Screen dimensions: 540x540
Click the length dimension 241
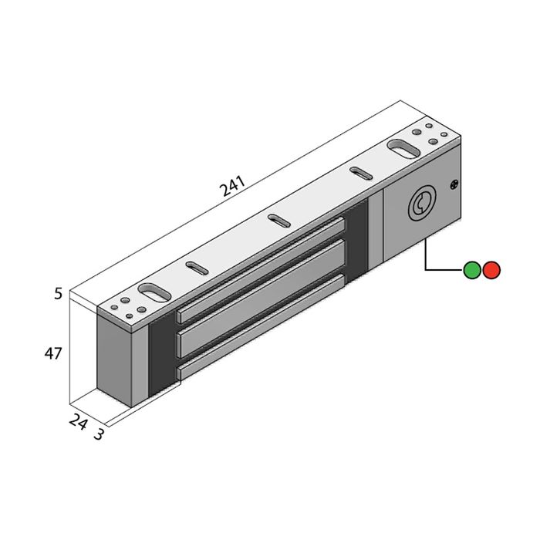(x=232, y=186)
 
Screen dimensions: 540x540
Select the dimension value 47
(x=53, y=353)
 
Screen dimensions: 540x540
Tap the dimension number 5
(x=59, y=294)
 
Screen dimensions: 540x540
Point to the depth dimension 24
(x=78, y=421)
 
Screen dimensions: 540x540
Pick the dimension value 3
(x=99, y=434)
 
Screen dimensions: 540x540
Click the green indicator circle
(x=472, y=270)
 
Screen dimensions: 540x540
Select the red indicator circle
(x=491, y=270)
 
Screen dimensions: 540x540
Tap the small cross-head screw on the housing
(x=454, y=185)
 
